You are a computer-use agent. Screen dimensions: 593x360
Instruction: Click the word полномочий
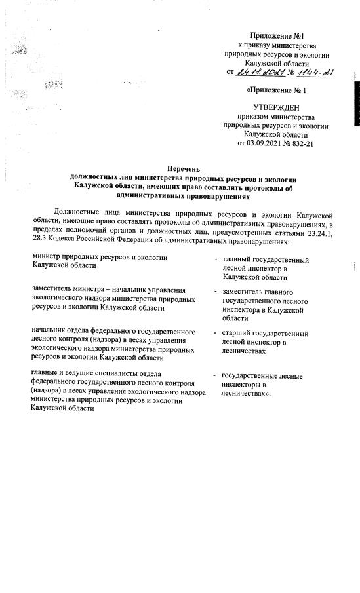(80, 233)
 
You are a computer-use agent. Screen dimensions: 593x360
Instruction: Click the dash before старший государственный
(216, 334)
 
